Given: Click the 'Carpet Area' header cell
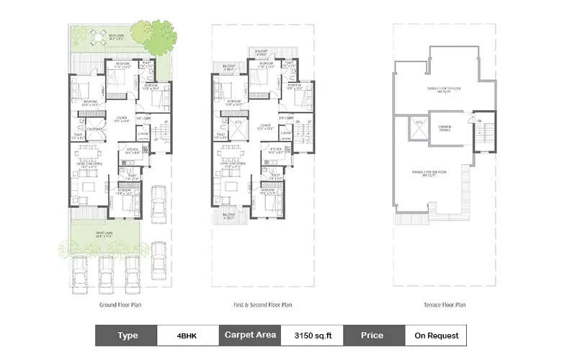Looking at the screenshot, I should point(250,335).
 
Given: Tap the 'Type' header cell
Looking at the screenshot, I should point(127,335).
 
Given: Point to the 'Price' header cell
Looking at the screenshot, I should point(373,335).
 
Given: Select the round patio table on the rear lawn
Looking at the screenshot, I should point(97,36).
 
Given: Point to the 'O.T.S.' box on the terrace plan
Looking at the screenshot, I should point(417,129).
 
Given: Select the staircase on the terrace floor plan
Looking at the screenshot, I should point(486,134).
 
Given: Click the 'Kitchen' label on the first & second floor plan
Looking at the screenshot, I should point(273,152).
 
